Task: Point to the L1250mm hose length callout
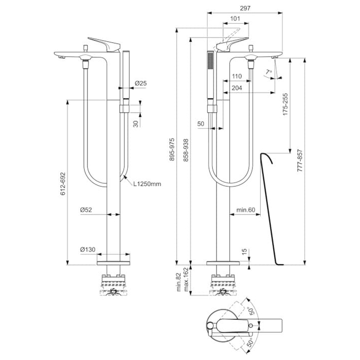[148, 184]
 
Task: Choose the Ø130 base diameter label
[87, 250]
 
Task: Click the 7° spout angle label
[269, 72]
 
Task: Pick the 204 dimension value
[237, 88]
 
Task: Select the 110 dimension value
[237, 76]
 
